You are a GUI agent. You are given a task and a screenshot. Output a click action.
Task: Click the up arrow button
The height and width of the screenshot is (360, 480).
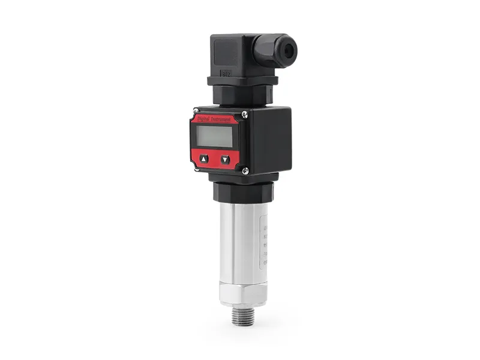(204, 159)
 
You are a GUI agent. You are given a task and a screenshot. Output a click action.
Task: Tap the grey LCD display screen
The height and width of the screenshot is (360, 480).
(215, 136)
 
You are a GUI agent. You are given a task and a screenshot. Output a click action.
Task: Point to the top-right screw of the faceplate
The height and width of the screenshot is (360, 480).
(245, 114)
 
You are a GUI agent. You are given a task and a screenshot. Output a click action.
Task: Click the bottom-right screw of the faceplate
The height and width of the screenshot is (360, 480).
(245, 171)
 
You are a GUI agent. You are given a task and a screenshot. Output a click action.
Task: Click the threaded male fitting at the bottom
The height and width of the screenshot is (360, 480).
(242, 316)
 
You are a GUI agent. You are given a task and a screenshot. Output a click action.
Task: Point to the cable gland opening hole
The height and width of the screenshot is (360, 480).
(289, 51)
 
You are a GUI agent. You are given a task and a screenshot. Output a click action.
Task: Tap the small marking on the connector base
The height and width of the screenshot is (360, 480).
(226, 74)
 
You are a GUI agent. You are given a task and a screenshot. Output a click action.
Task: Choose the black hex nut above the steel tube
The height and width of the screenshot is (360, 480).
(243, 192)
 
